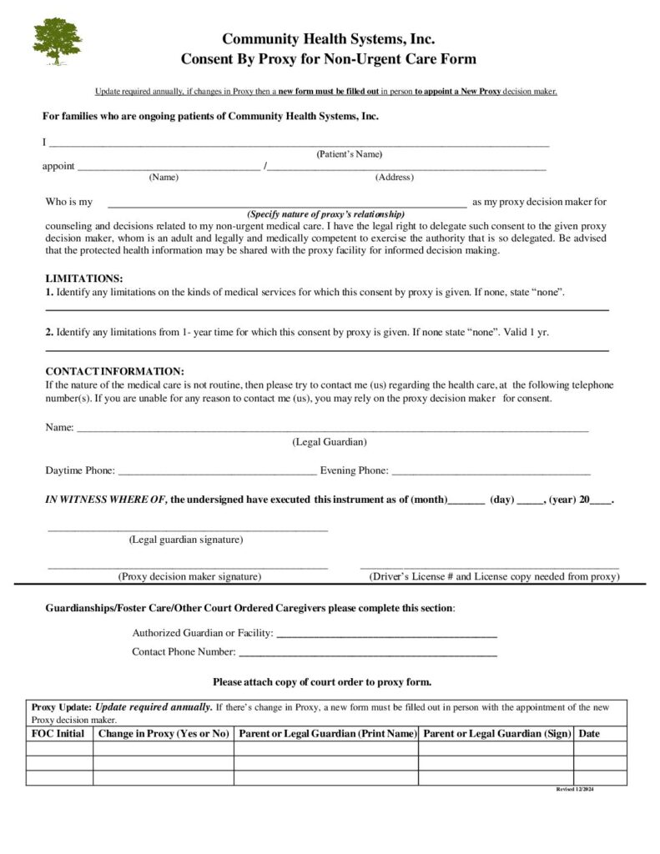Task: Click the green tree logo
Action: (58, 41)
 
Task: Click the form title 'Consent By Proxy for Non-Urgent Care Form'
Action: (329, 59)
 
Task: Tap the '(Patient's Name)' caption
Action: (349, 154)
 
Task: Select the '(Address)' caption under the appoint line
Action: (394, 177)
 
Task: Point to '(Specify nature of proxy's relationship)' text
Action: (325, 213)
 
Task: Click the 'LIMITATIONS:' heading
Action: (84, 279)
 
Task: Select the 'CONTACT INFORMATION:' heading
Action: (114, 371)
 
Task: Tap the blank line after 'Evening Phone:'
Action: (491, 472)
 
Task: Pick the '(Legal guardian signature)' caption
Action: (186, 540)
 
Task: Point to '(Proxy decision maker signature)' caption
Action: (189, 576)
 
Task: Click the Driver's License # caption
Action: (494, 576)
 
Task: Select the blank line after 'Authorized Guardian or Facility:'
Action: (386, 635)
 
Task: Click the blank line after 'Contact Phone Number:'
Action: (368, 654)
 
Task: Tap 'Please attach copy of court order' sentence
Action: (322, 682)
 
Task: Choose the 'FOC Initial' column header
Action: (58, 734)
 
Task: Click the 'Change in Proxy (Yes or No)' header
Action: (164, 734)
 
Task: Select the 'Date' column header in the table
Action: (589, 734)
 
